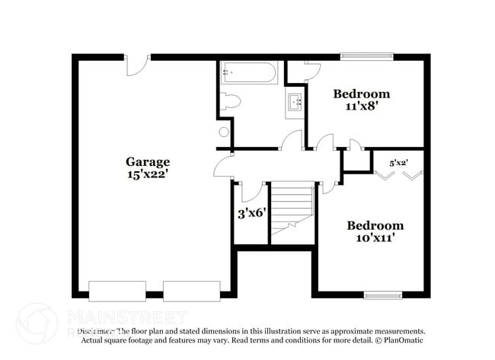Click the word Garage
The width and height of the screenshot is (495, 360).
pos(148,161)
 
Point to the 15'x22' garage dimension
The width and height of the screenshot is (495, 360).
pos(148,174)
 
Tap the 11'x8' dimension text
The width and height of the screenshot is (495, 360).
pos(362,107)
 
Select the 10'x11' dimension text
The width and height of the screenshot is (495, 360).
pos(375,238)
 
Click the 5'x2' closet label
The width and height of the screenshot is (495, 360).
pos(398,162)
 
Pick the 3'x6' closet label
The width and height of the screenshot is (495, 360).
pos(251,212)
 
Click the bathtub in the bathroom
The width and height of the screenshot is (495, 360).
pos(249,74)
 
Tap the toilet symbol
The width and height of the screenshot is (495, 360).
pos(230,101)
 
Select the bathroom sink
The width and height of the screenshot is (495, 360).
pos(295,101)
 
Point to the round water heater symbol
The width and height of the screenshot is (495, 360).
pos(224,132)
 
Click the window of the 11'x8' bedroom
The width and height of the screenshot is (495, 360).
pos(366,56)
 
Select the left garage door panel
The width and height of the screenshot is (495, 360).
pos(117,291)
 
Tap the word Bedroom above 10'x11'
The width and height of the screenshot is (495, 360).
pos(375,225)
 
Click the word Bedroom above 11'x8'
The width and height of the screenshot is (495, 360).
pos(362,94)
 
